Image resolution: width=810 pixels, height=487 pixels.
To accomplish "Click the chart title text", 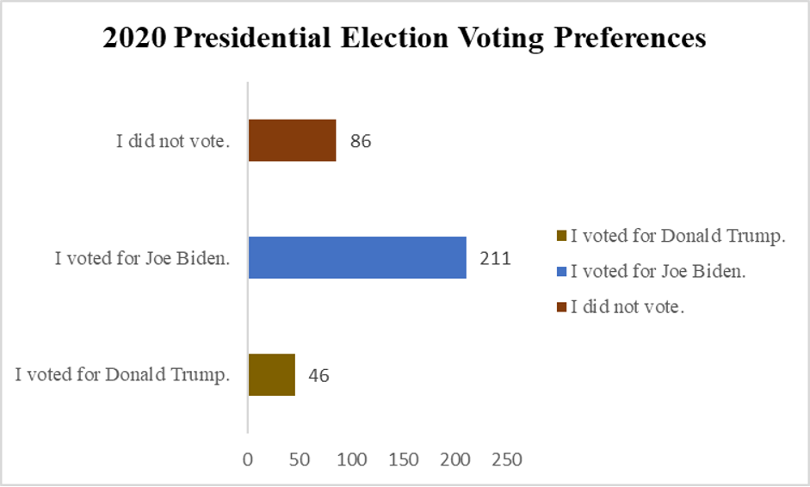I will pyautogui.click(x=404, y=39).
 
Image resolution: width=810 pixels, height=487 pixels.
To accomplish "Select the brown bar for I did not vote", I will pyautogui.click(x=292, y=140).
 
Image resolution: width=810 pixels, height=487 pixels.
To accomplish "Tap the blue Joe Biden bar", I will pyautogui.click(x=357, y=257).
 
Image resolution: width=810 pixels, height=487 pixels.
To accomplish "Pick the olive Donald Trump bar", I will pyautogui.click(x=271, y=374).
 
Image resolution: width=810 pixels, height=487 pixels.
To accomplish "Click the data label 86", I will pyautogui.click(x=361, y=141).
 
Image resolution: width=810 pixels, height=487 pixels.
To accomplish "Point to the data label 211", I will pyautogui.click(x=496, y=258).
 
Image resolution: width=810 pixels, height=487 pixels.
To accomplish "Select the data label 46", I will pyautogui.click(x=319, y=375).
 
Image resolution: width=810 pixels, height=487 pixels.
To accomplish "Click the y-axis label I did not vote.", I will pyautogui.click(x=173, y=141).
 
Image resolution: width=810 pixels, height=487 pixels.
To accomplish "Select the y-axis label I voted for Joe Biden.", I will pyautogui.click(x=142, y=258).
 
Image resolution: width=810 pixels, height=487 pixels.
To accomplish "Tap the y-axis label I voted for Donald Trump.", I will pyautogui.click(x=123, y=375).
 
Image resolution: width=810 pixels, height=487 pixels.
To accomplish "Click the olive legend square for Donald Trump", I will pyautogui.click(x=562, y=237).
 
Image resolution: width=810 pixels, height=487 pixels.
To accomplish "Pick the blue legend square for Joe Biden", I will pyautogui.click(x=562, y=272).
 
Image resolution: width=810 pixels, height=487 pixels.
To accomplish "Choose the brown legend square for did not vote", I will pyautogui.click(x=562, y=307).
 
